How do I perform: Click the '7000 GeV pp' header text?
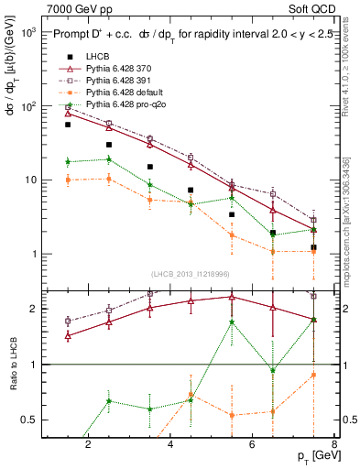(76, 8)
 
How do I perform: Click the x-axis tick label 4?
(171, 445)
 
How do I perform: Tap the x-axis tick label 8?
(333, 445)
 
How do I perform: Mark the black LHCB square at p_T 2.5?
(109, 145)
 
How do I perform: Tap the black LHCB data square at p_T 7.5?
(313, 248)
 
